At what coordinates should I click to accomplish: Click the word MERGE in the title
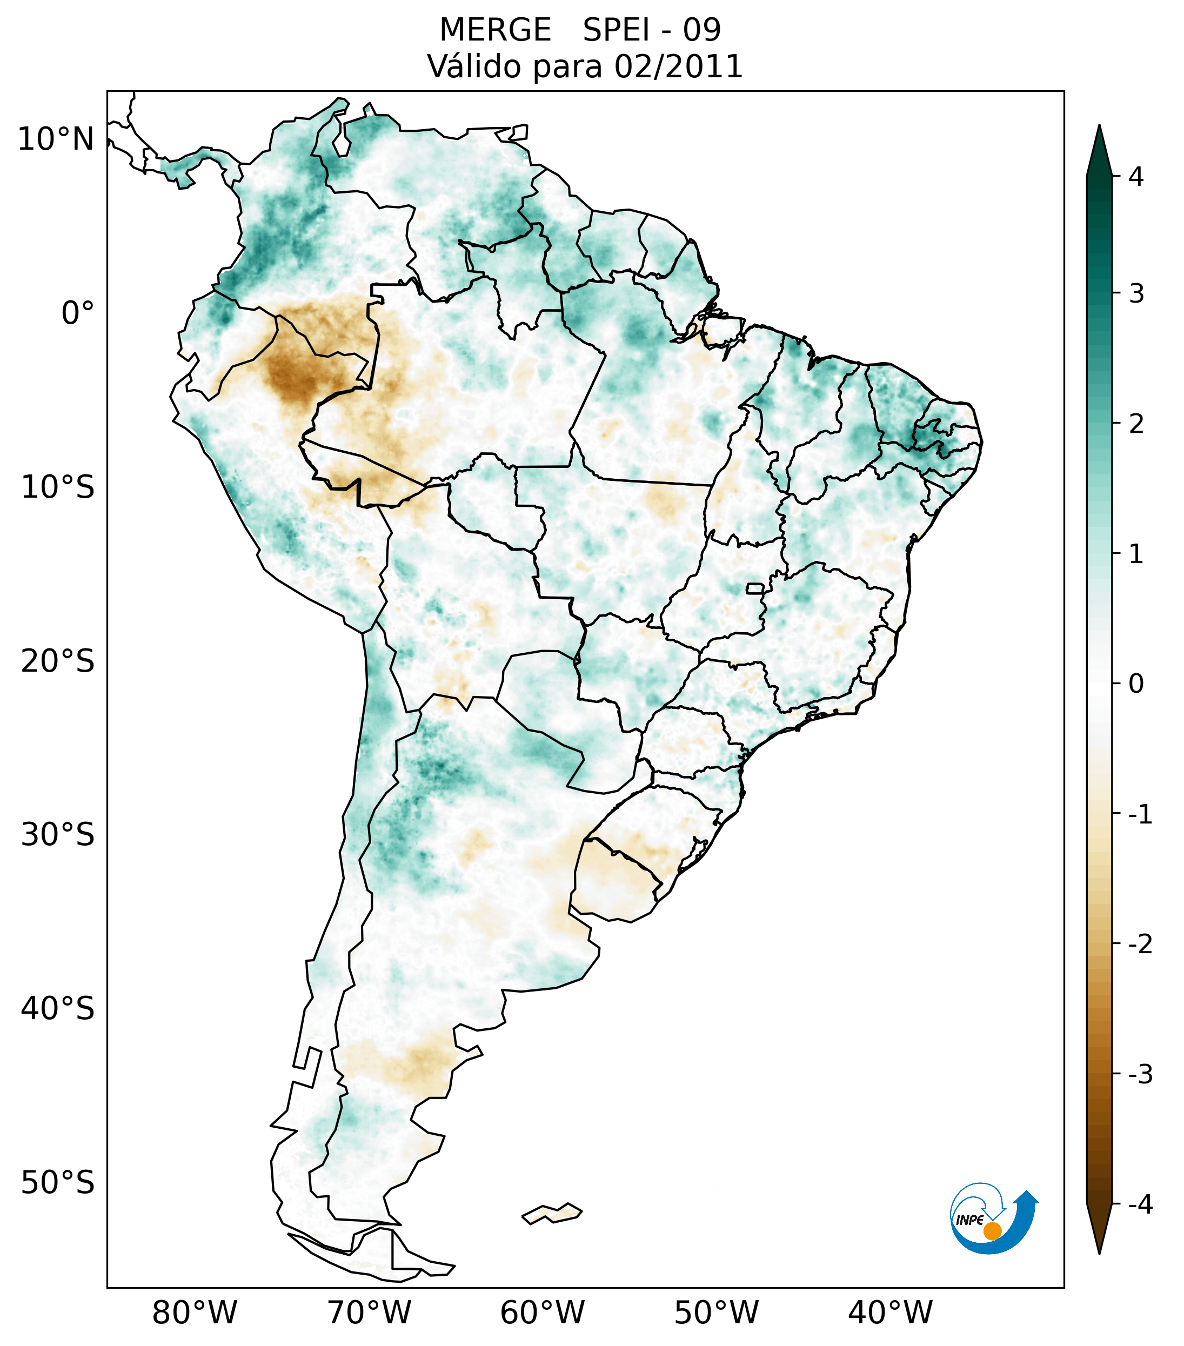click(x=494, y=30)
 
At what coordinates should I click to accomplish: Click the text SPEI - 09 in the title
click(x=652, y=30)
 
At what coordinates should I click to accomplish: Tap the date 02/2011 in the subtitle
click(x=678, y=67)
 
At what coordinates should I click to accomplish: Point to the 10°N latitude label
click(x=55, y=139)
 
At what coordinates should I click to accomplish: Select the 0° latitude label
click(x=78, y=313)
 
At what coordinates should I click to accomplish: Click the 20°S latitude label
click(x=58, y=661)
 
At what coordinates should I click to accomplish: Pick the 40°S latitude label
click(x=58, y=1009)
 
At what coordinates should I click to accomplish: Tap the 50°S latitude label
click(x=58, y=1183)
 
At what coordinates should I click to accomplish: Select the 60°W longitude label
click(x=542, y=1312)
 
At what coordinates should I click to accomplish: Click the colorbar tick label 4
click(x=1136, y=177)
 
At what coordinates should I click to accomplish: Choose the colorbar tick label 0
click(x=1136, y=684)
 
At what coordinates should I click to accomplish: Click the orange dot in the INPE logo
click(x=992, y=1231)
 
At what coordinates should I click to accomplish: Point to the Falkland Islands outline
click(x=552, y=1213)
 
